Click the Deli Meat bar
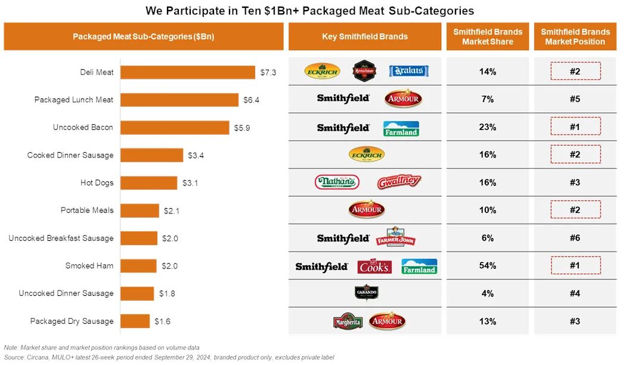click(x=188, y=72)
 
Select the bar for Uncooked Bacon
click(x=175, y=128)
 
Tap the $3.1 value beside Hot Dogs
click(x=190, y=183)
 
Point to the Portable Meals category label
click(x=86, y=211)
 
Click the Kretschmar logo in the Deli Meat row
click(x=364, y=72)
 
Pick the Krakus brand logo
click(x=409, y=72)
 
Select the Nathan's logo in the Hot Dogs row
click(x=337, y=182)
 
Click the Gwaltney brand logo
click(x=399, y=182)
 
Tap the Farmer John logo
click(x=395, y=237)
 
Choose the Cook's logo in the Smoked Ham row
click(x=374, y=267)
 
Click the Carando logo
click(x=366, y=293)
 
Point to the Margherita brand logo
click(x=348, y=321)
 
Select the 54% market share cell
click(x=487, y=265)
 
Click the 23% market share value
click(x=487, y=127)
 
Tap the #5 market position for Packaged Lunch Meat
click(x=575, y=99)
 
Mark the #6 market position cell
click(x=575, y=238)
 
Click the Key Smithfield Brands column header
click(x=365, y=36)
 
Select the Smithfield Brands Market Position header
click(x=575, y=36)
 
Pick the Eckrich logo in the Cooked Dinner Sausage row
click(x=366, y=155)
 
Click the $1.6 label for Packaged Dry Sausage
click(x=162, y=321)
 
